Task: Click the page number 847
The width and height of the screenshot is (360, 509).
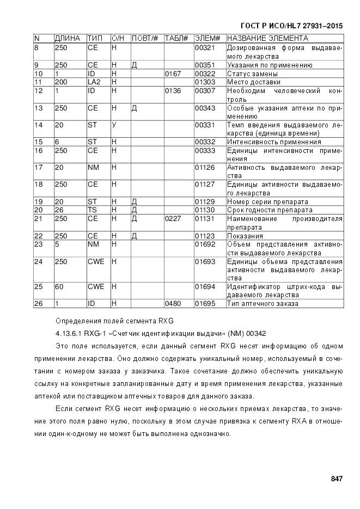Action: (x=336, y=479)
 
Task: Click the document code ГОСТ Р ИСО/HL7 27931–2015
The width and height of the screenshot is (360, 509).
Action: (x=292, y=26)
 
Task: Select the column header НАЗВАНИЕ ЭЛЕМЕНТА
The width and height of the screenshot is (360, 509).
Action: (x=267, y=39)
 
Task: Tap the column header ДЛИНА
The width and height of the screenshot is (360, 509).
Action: (x=68, y=39)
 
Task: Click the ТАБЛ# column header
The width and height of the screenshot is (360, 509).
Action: (x=176, y=39)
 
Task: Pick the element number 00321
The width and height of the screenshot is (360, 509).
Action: (x=205, y=48)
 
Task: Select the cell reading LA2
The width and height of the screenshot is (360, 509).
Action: (x=93, y=82)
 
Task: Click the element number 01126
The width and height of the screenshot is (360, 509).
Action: (x=205, y=167)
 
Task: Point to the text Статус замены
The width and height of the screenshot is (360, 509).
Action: (x=252, y=73)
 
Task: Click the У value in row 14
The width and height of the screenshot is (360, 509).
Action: (x=114, y=125)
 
